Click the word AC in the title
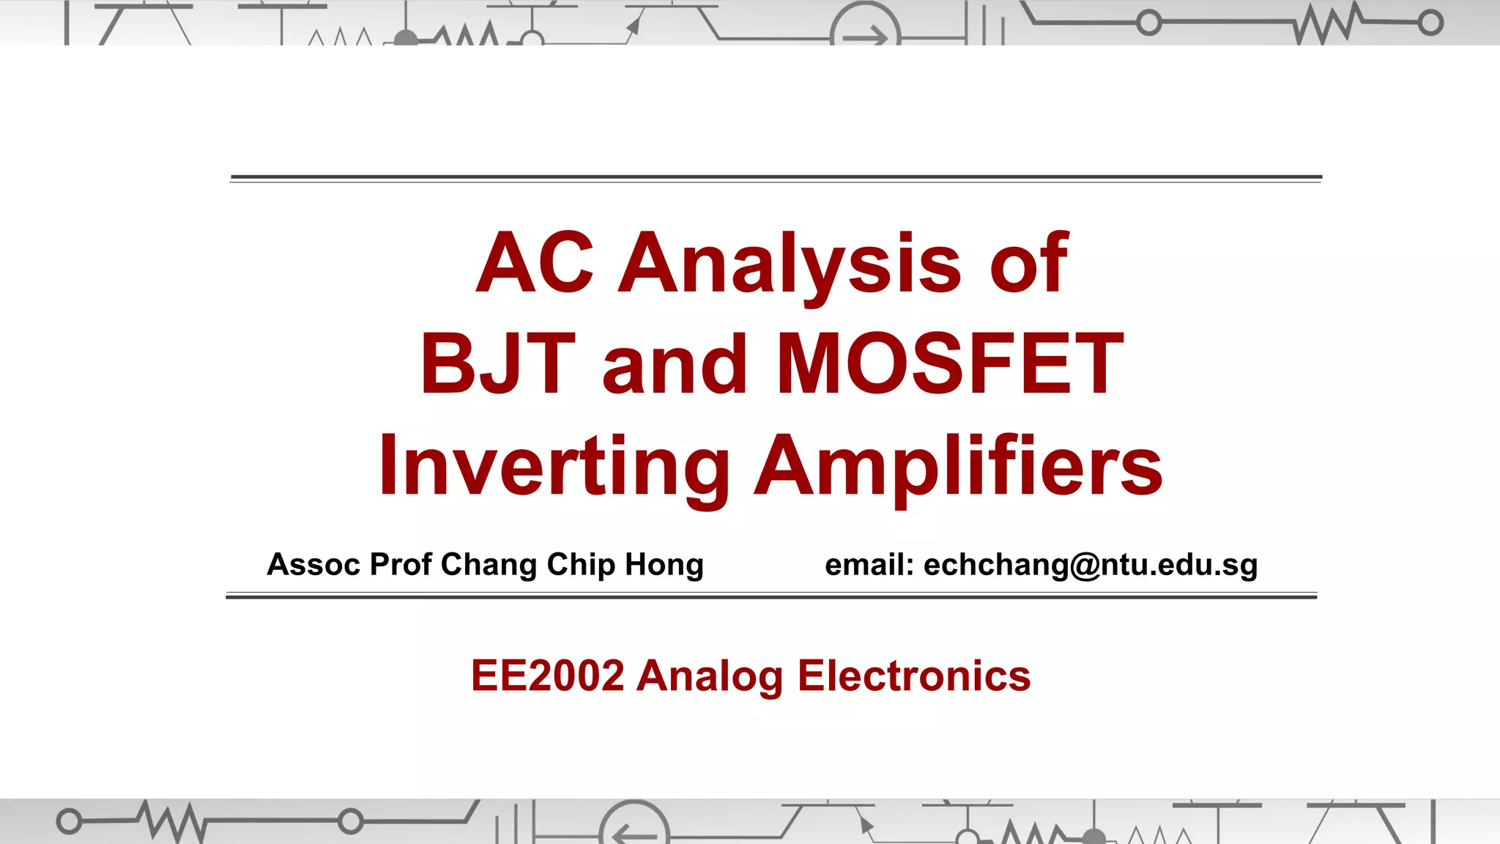coord(534,262)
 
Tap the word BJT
coord(497,364)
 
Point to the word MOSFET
coord(949,364)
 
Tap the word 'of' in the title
coord(1029,262)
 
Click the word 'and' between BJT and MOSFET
coord(675,364)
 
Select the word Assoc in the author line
coord(313,565)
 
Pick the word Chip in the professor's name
coord(581,565)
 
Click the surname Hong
coord(664,565)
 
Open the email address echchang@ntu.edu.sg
coord(1091,565)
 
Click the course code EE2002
coord(547,675)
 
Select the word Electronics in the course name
coord(914,675)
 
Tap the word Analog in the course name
coord(710,675)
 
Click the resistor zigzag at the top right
coord(1326,24)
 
